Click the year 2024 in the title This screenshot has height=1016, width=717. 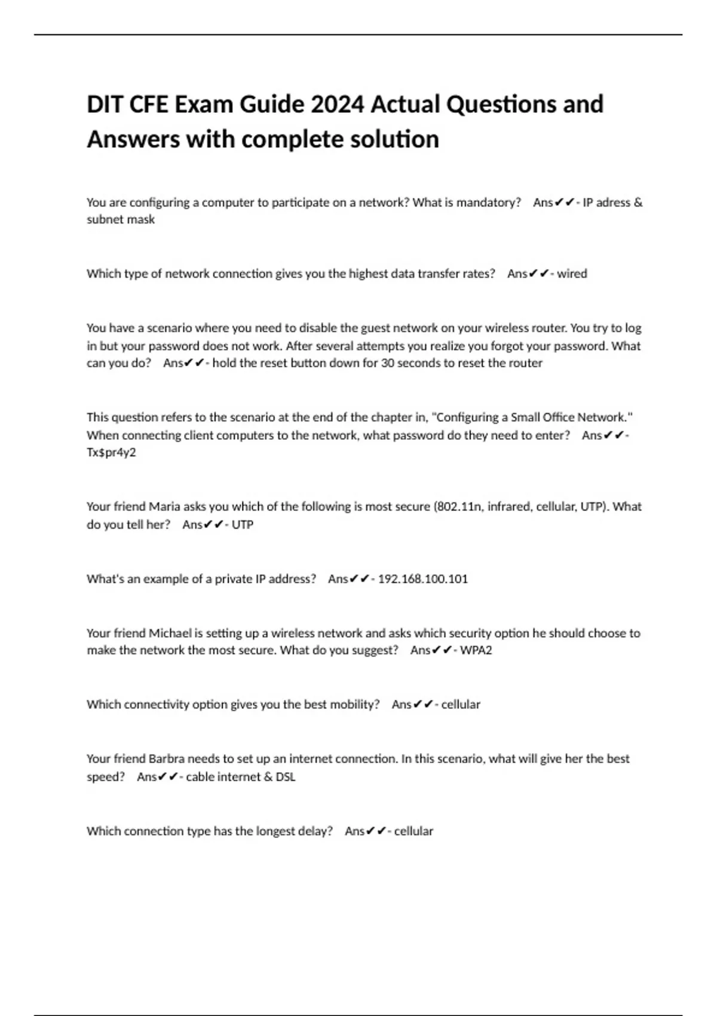tap(337, 105)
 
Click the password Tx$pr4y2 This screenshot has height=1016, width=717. tap(111, 452)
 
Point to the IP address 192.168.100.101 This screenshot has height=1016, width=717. tap(423, 579)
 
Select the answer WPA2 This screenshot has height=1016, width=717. tap(476, 650)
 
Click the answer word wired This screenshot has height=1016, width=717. tap(572, 274)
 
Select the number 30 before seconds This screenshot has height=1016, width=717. tap(387, 363)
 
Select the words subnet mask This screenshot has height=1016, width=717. tap(121, 219)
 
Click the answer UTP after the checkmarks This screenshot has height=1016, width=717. tap(242, 525)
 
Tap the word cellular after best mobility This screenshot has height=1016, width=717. tap(460, 705)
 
